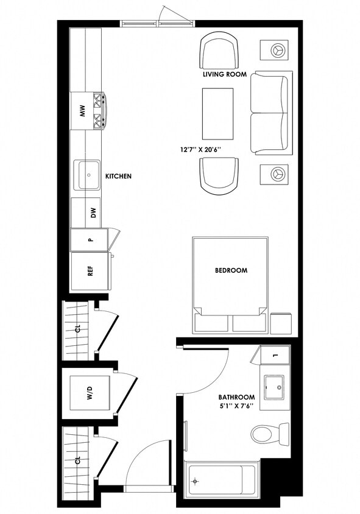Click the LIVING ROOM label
(224, 74)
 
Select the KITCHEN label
(118, 176)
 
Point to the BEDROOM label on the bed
(230, 270)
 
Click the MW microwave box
(82, 111)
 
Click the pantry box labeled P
(90, 239)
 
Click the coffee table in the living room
(217, 114)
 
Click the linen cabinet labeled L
(275, 355)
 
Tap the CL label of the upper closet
(77, 329)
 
